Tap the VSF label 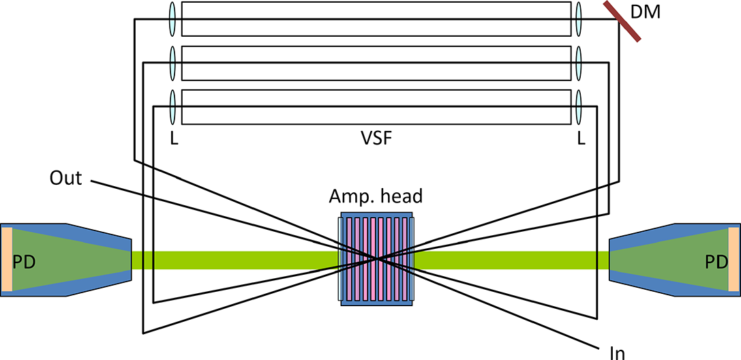[376, 140]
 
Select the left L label [173, 139]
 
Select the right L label [581, 139]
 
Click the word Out [65, 179]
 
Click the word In [616, 350]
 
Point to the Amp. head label [376, 197]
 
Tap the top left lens [173, 18]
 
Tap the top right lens [579, 18]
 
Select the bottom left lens [173, 107]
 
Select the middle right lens [579, 63]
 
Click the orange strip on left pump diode [6, 260]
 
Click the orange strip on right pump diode [734, 260]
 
